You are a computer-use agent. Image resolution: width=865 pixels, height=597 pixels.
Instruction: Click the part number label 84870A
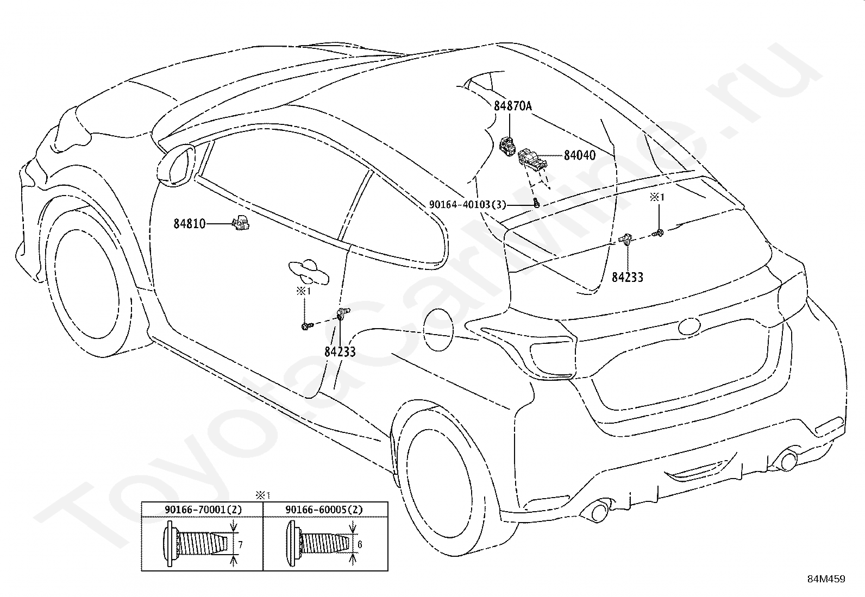coord(513,106)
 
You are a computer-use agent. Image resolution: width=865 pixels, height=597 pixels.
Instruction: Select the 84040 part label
coord(580,155)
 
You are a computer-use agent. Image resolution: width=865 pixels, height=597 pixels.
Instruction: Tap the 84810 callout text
coord(190,224)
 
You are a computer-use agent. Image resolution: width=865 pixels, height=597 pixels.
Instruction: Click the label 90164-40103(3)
coord(468,205)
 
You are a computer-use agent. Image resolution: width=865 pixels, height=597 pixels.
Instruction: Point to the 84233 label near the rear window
coord(628,277)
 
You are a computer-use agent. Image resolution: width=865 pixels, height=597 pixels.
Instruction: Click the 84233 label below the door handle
coord(340,352)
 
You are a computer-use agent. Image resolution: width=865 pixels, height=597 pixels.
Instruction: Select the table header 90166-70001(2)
coord(203,510)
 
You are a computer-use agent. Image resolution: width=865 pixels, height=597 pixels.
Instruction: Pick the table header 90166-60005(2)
coord(324,510)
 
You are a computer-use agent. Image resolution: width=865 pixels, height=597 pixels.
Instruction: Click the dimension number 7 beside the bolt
coord(241,545)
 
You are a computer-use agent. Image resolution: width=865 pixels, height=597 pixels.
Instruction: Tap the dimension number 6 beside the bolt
coord(360,544)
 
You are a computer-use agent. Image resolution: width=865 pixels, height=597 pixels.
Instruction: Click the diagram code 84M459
coord(826,579)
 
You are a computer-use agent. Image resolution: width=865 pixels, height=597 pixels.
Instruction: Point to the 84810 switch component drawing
coord(241,223)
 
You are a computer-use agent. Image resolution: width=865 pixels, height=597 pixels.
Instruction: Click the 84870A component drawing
coord(508,146)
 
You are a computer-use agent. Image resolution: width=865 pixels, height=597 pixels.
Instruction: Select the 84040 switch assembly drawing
coord(532,160)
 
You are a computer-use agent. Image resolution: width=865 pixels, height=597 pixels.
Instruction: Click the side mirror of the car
coord(178,165)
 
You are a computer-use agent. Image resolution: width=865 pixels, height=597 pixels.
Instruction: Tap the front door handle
coord(308,272)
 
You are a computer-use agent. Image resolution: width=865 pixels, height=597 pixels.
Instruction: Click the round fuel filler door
coord(438,330)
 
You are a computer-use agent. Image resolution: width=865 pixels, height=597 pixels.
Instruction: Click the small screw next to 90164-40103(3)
coord(536,203)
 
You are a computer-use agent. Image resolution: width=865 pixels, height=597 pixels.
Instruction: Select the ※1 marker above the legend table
coord(262,495)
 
